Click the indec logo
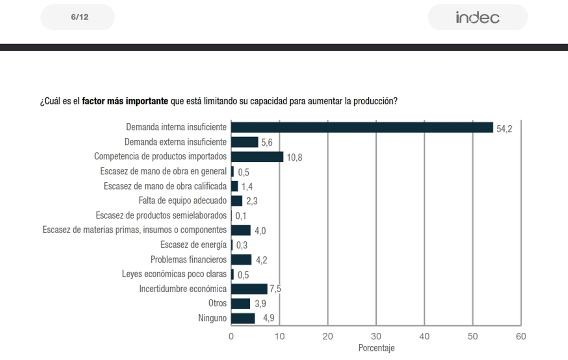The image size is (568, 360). tap(477, 17)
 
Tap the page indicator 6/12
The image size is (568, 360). tap(80, 17)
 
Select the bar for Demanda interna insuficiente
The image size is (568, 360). tap(362, 127)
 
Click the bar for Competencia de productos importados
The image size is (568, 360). tap(257, 156)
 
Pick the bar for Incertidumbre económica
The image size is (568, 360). tap(249, 289)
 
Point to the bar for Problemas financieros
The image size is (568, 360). tap(241, 259)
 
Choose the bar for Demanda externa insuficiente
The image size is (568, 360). tap(245, 142)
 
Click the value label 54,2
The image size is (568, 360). tap(504, 128)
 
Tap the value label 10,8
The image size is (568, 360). tap(294, 157)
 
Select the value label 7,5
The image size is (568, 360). tap(275, 289)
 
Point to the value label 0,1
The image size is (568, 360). tap(241, 216)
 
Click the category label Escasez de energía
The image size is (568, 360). tap(193, 245)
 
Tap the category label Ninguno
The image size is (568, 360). tap(212, 318)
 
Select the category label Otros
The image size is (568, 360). tap(217, 303)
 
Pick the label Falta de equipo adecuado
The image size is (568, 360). tap(183, 200)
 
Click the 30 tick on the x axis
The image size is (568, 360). tap(376, 336)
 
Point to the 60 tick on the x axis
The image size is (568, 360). tap(521, 336)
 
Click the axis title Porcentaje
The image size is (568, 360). tap(376, 348)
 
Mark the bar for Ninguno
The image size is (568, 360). tap(243, 318)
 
